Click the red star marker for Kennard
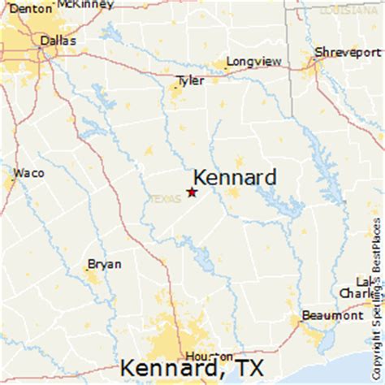pos(192,192)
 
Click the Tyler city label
pos(190,80)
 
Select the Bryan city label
pos(105,264)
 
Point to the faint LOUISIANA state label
pos(341,11)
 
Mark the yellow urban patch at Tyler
pos(178,92)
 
